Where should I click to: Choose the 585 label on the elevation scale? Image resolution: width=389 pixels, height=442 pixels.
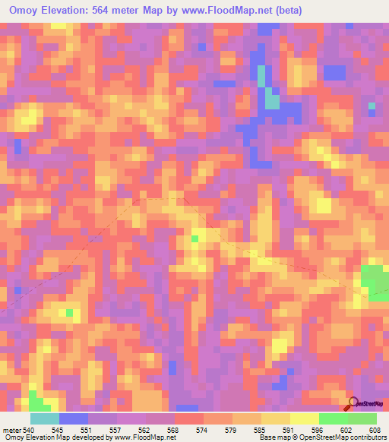[262, 428]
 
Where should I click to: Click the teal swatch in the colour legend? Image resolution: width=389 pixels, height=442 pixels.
[45, 418]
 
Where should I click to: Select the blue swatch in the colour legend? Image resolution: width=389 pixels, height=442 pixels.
[74, 418]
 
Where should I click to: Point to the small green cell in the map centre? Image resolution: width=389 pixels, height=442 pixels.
[195, 238]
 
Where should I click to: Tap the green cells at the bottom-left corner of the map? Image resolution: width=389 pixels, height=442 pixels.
[35, 400]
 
